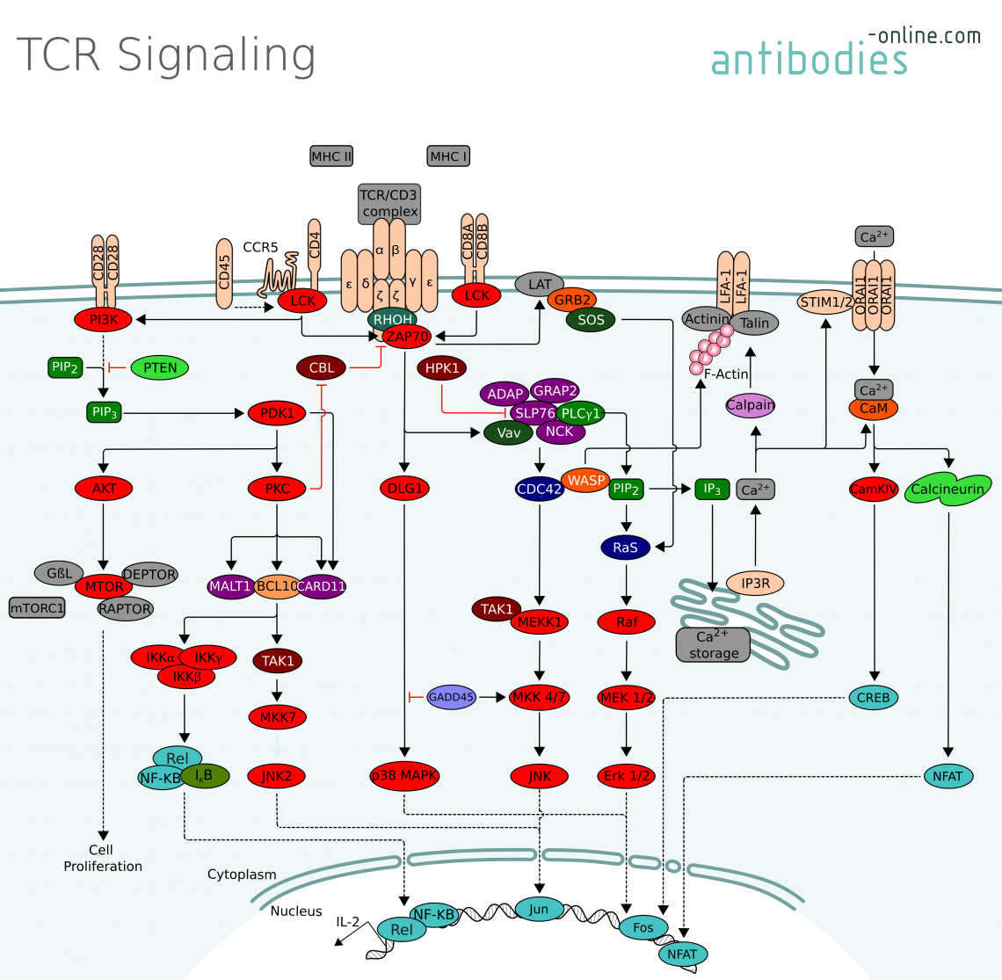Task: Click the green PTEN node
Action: point(160,368)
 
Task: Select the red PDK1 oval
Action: point(277,413)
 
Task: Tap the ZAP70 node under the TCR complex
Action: point(406,337)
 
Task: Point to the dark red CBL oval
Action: point(322,368)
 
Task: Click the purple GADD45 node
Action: point(451,697)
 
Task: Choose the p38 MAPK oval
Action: point(403,776)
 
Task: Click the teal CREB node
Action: point(874,698)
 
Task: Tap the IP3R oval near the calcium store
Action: point(755,583)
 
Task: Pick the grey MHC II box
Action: point(331,156)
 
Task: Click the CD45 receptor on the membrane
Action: point(225,272)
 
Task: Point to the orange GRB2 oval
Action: point(572,300)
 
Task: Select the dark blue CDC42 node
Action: point(540,490)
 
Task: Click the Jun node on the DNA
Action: point(539,909)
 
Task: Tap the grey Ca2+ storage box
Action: point(713,644)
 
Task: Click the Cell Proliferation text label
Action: point(102,859)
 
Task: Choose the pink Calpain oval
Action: point(751,405)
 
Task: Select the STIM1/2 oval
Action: point(825,302)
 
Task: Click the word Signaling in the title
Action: point(216,54)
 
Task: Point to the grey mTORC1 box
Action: point(37,607)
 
